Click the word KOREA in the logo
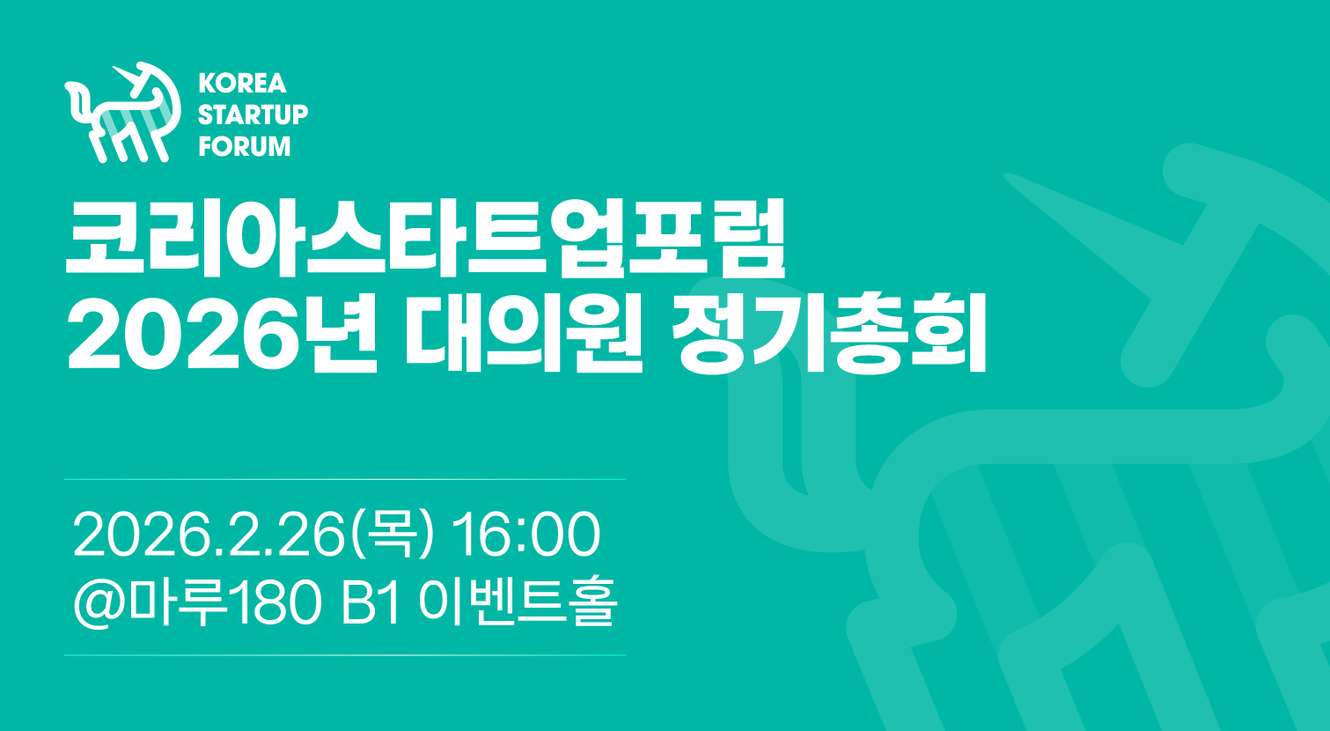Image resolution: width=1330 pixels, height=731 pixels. click(242, 83)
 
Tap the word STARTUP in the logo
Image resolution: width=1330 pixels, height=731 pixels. click(253, 114)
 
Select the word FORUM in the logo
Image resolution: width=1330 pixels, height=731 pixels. click(245, 146)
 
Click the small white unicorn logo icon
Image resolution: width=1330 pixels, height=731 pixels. click(122, 112)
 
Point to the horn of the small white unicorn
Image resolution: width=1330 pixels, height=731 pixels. click(126, 76)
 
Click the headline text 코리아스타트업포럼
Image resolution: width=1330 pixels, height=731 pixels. click(425, 239)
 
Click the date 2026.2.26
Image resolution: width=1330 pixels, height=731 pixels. click(209, 535)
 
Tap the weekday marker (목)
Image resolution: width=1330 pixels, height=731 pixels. click(393, 535)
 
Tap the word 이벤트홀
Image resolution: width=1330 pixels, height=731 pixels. click(518, 602)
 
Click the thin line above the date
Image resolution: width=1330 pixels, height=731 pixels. click(345, 479)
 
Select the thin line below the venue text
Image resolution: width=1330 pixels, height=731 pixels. click(345, 655)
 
